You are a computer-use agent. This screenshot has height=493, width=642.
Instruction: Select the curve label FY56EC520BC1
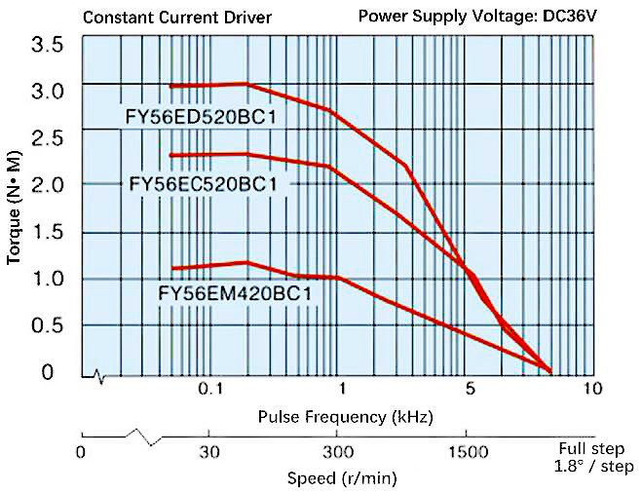[204, 184]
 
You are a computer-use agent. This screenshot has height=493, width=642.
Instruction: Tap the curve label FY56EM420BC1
[235, 292]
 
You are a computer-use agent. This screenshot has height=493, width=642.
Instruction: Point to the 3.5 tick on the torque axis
[48, 45]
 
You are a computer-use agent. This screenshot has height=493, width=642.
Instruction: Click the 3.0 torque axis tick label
[48, 92]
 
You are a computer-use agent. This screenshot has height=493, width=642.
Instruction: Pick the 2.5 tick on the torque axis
[48, 138]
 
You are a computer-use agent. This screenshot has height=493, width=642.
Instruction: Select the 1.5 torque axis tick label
[48, 232]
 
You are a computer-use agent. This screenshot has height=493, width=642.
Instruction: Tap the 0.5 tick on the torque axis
[48, 325]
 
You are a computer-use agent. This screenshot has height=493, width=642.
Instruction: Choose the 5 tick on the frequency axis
[470, 389]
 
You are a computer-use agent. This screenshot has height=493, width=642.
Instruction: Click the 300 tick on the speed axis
[337, 452]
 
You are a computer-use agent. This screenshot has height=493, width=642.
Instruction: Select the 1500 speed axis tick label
[468, 452]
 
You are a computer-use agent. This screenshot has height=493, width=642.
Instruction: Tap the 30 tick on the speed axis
[208, 452]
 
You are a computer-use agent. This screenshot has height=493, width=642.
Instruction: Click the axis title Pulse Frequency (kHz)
[346, 417]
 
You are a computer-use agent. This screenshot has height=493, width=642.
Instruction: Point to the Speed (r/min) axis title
[342, 478]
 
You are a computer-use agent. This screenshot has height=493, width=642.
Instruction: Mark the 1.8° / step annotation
[588, 467]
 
